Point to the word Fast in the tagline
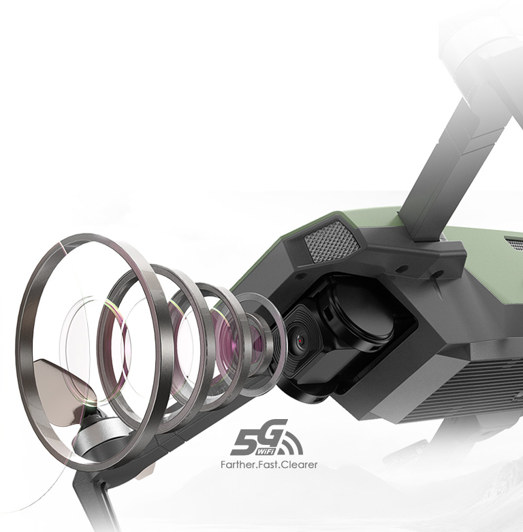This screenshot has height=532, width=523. tap(266, 465)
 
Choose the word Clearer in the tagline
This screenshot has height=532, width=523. tap(297, 465)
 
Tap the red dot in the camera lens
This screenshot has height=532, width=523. tap(300, 340)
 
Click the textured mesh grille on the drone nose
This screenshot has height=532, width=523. tap(332, 242)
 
